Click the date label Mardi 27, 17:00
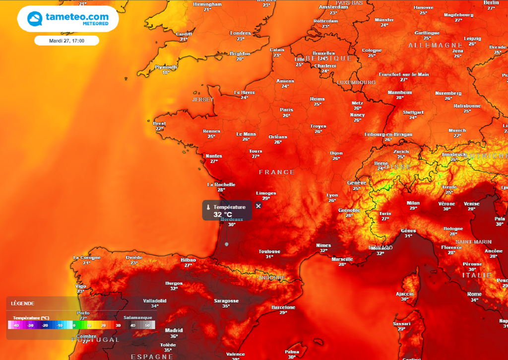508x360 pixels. [66, 41]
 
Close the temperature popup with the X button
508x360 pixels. [258, 206]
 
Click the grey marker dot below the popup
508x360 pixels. [227, 244]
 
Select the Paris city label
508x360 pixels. [286, 110]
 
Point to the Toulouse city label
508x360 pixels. [269, 252]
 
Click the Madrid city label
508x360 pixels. [174, 330]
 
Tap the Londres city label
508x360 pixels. [241, 33]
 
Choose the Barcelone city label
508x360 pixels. [283, 307]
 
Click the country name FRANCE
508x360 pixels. [277, 172]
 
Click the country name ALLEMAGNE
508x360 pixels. [435, 45]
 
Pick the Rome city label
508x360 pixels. [474, 294]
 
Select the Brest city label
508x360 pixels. [159, 124]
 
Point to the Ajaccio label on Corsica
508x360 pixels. [404, 294]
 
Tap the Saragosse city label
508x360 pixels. [226, 300]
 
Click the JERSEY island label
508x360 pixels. [202, 99]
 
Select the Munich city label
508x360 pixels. [457, 131]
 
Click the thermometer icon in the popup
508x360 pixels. [208, 207]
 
